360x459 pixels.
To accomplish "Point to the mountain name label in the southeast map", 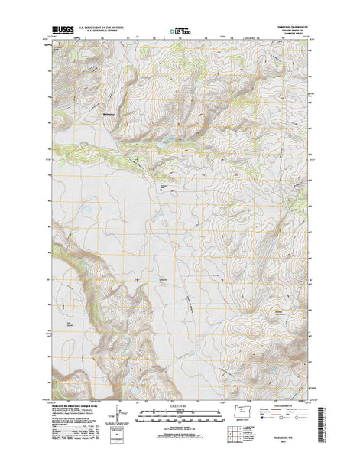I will coord(280,291).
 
